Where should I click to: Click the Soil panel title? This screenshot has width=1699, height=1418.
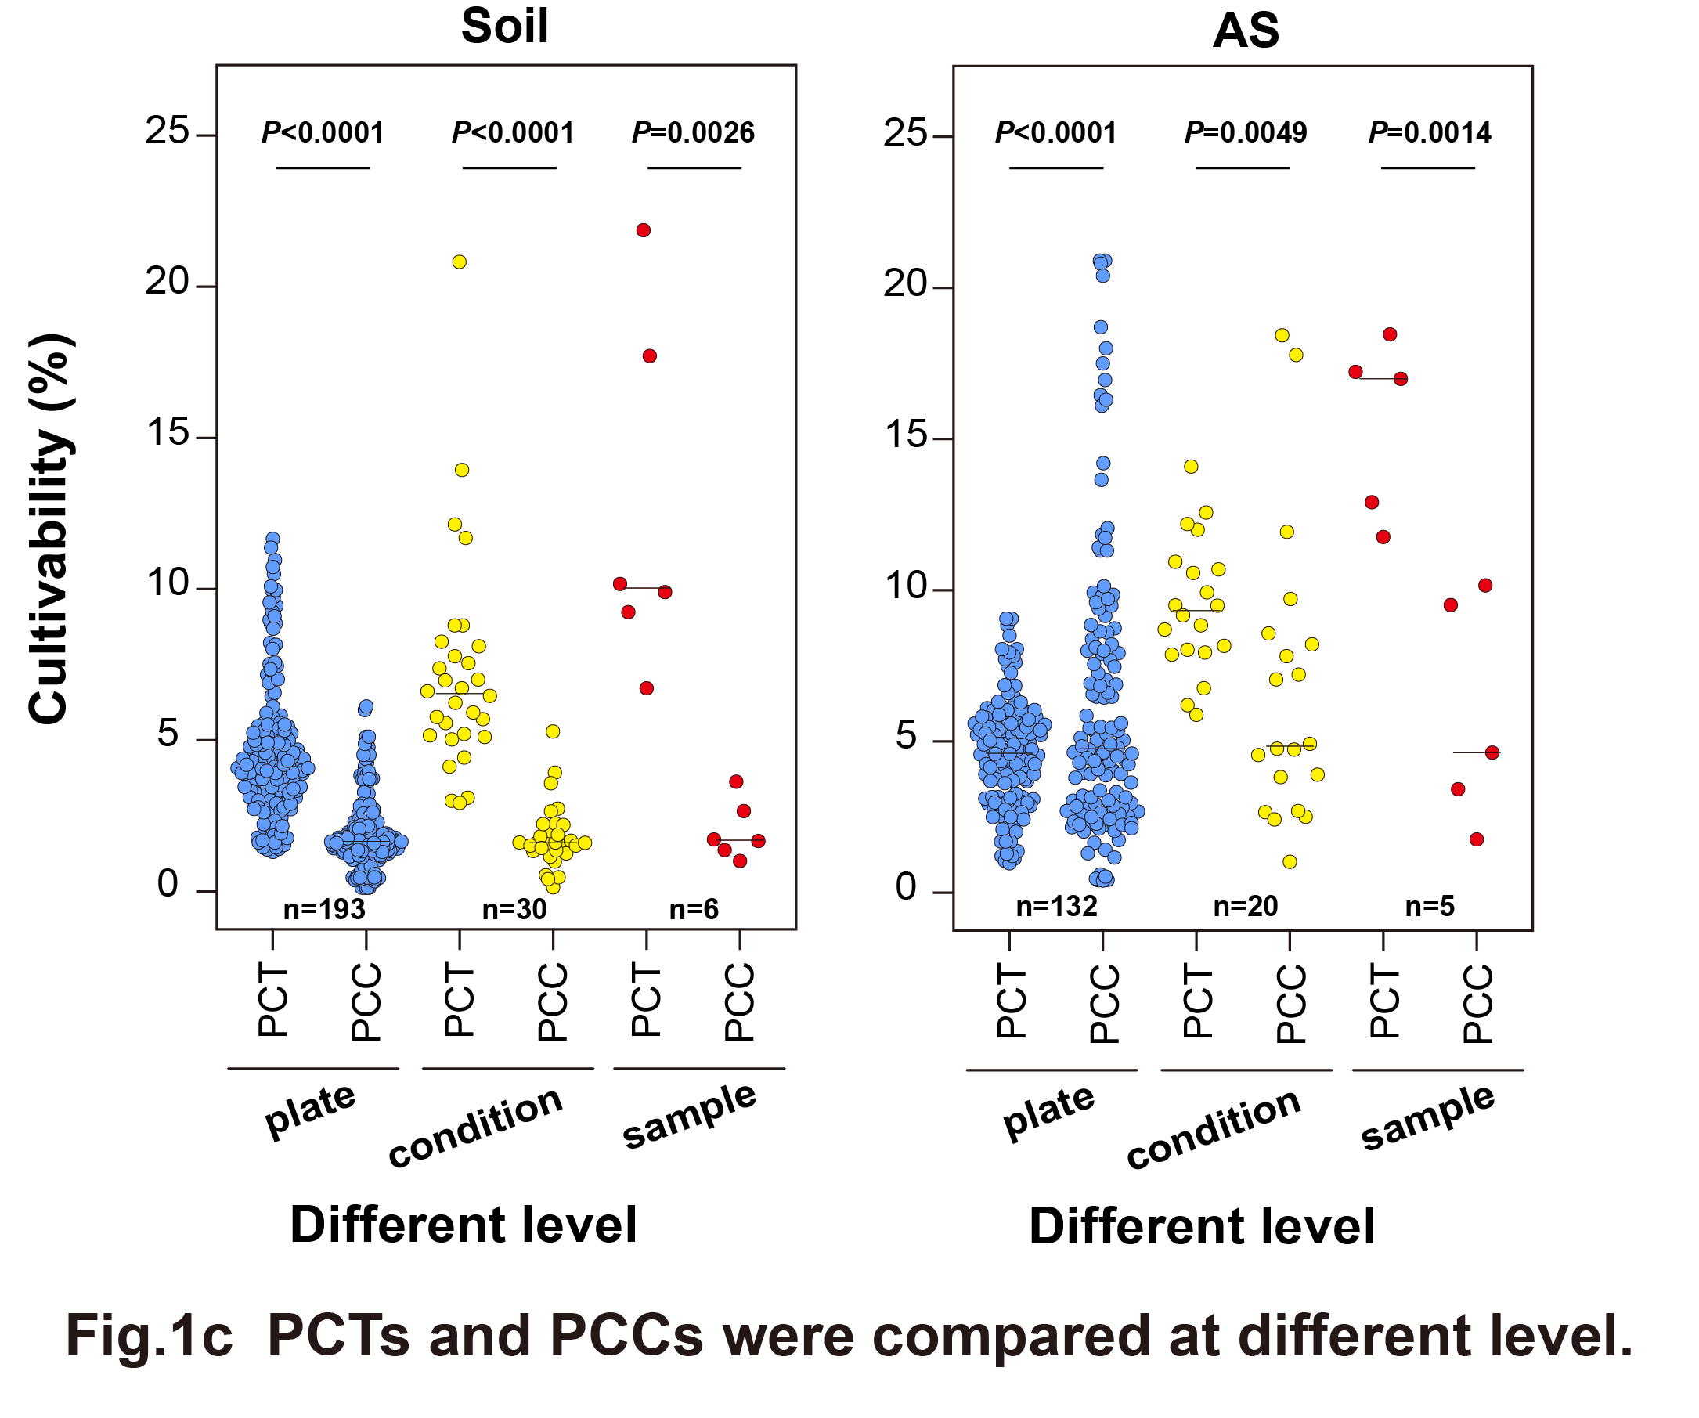(x=504, y=27)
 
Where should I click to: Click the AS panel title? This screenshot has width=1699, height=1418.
(x=1245, y=31)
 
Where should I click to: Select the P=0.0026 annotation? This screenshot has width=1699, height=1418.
(x=693, y=132)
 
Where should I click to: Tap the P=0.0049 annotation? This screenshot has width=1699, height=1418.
(x=1245, y=132)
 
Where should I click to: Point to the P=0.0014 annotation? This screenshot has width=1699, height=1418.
(x=1429, y=132)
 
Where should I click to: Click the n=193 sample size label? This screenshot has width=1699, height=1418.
(x=323, y=910)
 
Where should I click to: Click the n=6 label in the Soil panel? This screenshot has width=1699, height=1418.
(x=694, y=910)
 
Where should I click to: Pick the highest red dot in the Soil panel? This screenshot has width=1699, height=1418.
(x=644, y=230)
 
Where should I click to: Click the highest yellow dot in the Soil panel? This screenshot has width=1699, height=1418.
(x=459, y=262)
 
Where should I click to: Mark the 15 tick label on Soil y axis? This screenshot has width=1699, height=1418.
(x=168, y=435)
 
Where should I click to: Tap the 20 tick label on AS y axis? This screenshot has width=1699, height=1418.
(x=904, y=285)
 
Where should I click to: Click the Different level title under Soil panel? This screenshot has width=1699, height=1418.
(x=464, y=1225)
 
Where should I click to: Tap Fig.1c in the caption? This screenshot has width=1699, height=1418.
(x=149, y=1337)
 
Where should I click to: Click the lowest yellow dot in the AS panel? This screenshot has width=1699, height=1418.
(x=1290, y=862)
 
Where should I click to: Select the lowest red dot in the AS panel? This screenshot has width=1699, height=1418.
(x=1477, y=839)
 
